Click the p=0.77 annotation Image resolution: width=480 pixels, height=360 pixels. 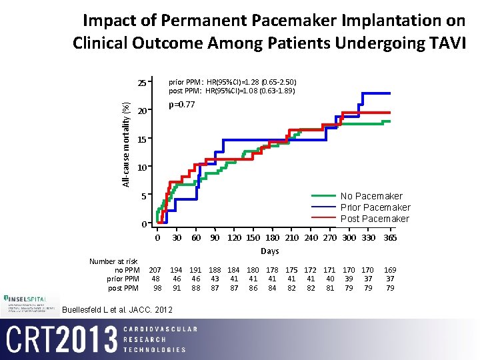181,105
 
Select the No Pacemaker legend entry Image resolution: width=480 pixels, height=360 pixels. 371,196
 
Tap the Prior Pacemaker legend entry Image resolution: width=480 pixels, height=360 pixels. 375,207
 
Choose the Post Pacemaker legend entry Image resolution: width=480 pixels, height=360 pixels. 375,219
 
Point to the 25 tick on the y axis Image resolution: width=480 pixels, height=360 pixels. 141,83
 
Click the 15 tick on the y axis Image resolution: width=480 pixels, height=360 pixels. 141,140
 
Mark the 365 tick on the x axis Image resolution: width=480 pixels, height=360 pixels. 391,238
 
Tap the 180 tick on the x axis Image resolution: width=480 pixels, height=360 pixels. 272,238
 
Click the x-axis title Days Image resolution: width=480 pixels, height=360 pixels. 270,251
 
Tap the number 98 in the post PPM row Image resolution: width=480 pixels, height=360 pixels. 157,288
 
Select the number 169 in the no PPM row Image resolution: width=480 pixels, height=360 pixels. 391,269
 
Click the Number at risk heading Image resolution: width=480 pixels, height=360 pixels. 113,261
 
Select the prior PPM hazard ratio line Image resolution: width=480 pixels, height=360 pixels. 232,82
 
